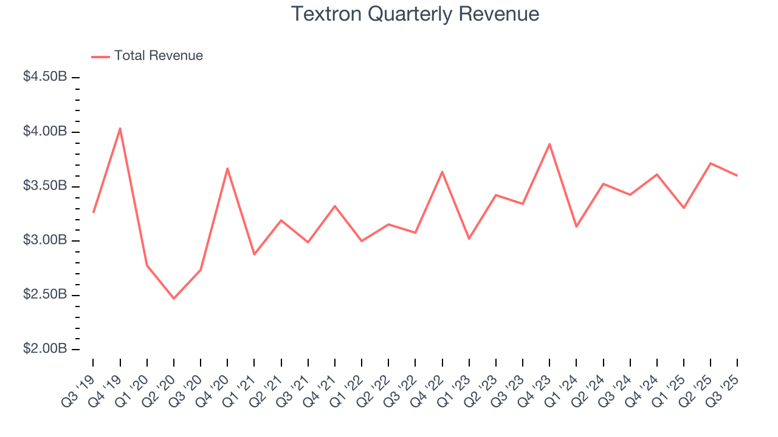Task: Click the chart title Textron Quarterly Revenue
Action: click(x=415, y=14)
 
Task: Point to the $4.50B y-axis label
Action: click(x=45, y=77)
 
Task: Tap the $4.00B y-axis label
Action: click(x=45, y=132)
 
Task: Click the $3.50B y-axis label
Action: click(x=45, y=186)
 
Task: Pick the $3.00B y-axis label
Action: click(x=45, y=240)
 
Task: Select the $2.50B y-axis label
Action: click(x=45, y=294)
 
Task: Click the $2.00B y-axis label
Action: click(x=45, y=349)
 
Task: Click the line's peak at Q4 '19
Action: click(x=120, y=128)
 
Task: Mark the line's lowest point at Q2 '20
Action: click(x=174, y=299)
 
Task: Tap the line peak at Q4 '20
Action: click(x=227, y=168)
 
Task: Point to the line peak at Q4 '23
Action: click(x=549, y=144)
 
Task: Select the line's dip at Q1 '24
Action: click(x=576, y=226)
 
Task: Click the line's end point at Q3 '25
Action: click(x=737, y=175)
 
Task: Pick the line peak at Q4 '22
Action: click(x=442, y=172)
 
